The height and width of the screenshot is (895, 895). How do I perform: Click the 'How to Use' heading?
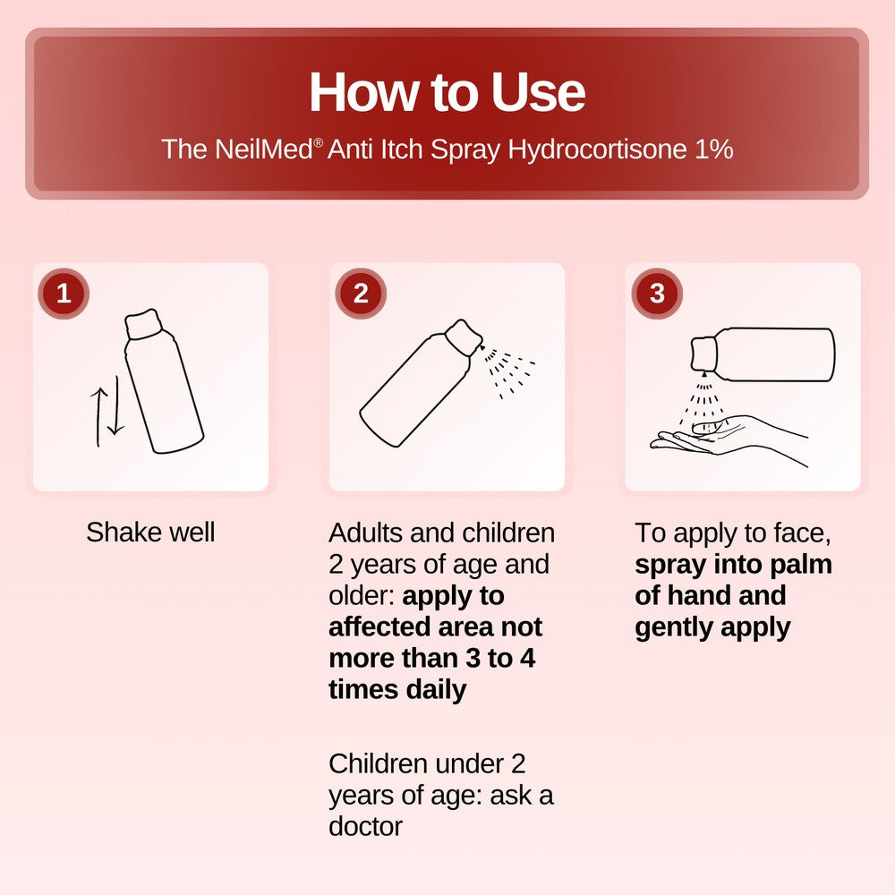447,91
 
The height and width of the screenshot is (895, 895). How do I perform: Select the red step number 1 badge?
64,294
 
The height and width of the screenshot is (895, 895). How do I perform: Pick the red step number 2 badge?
361,294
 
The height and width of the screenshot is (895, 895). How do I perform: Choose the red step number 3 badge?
657,294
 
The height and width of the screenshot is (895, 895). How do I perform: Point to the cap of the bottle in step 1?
142,325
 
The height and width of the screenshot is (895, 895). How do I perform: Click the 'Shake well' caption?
150,533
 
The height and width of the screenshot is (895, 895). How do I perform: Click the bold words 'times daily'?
397,689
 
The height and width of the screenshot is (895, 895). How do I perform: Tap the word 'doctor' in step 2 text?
365,825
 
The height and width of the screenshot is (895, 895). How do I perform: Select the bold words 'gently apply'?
712,626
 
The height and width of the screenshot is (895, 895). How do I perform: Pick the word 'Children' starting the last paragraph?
377,763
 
